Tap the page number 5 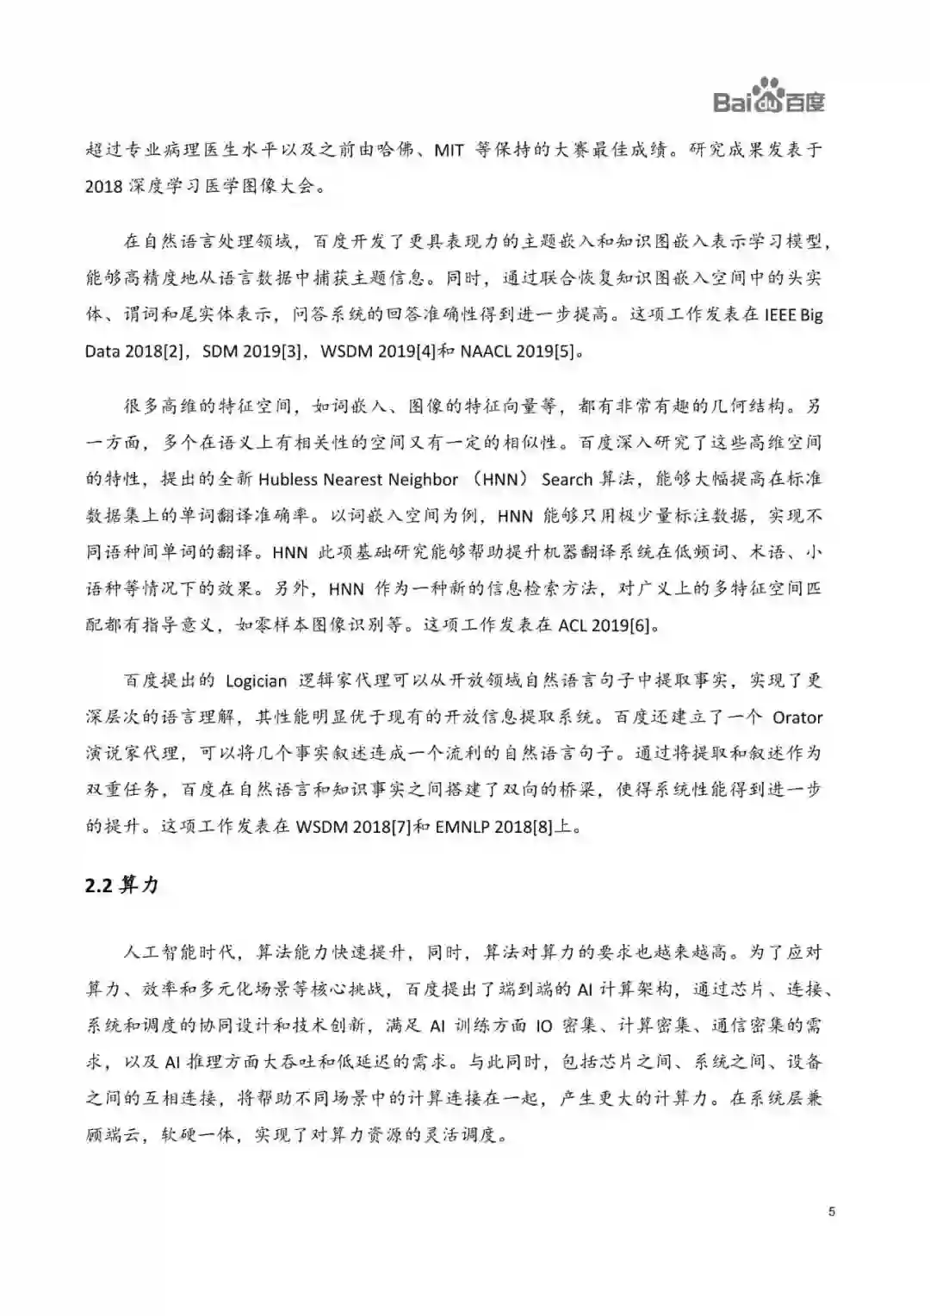(831, 1213)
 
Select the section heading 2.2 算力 (121, 886)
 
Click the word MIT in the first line (449, 150)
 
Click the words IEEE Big (794, 314)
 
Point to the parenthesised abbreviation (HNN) (490, 480)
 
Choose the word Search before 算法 (567, 480)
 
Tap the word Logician (256, 681)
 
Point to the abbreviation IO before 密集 (542, 1026)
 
